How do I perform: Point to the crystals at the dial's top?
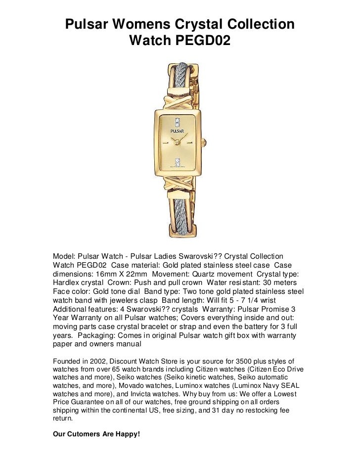(180, 120)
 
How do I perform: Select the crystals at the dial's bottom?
(180, 161)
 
